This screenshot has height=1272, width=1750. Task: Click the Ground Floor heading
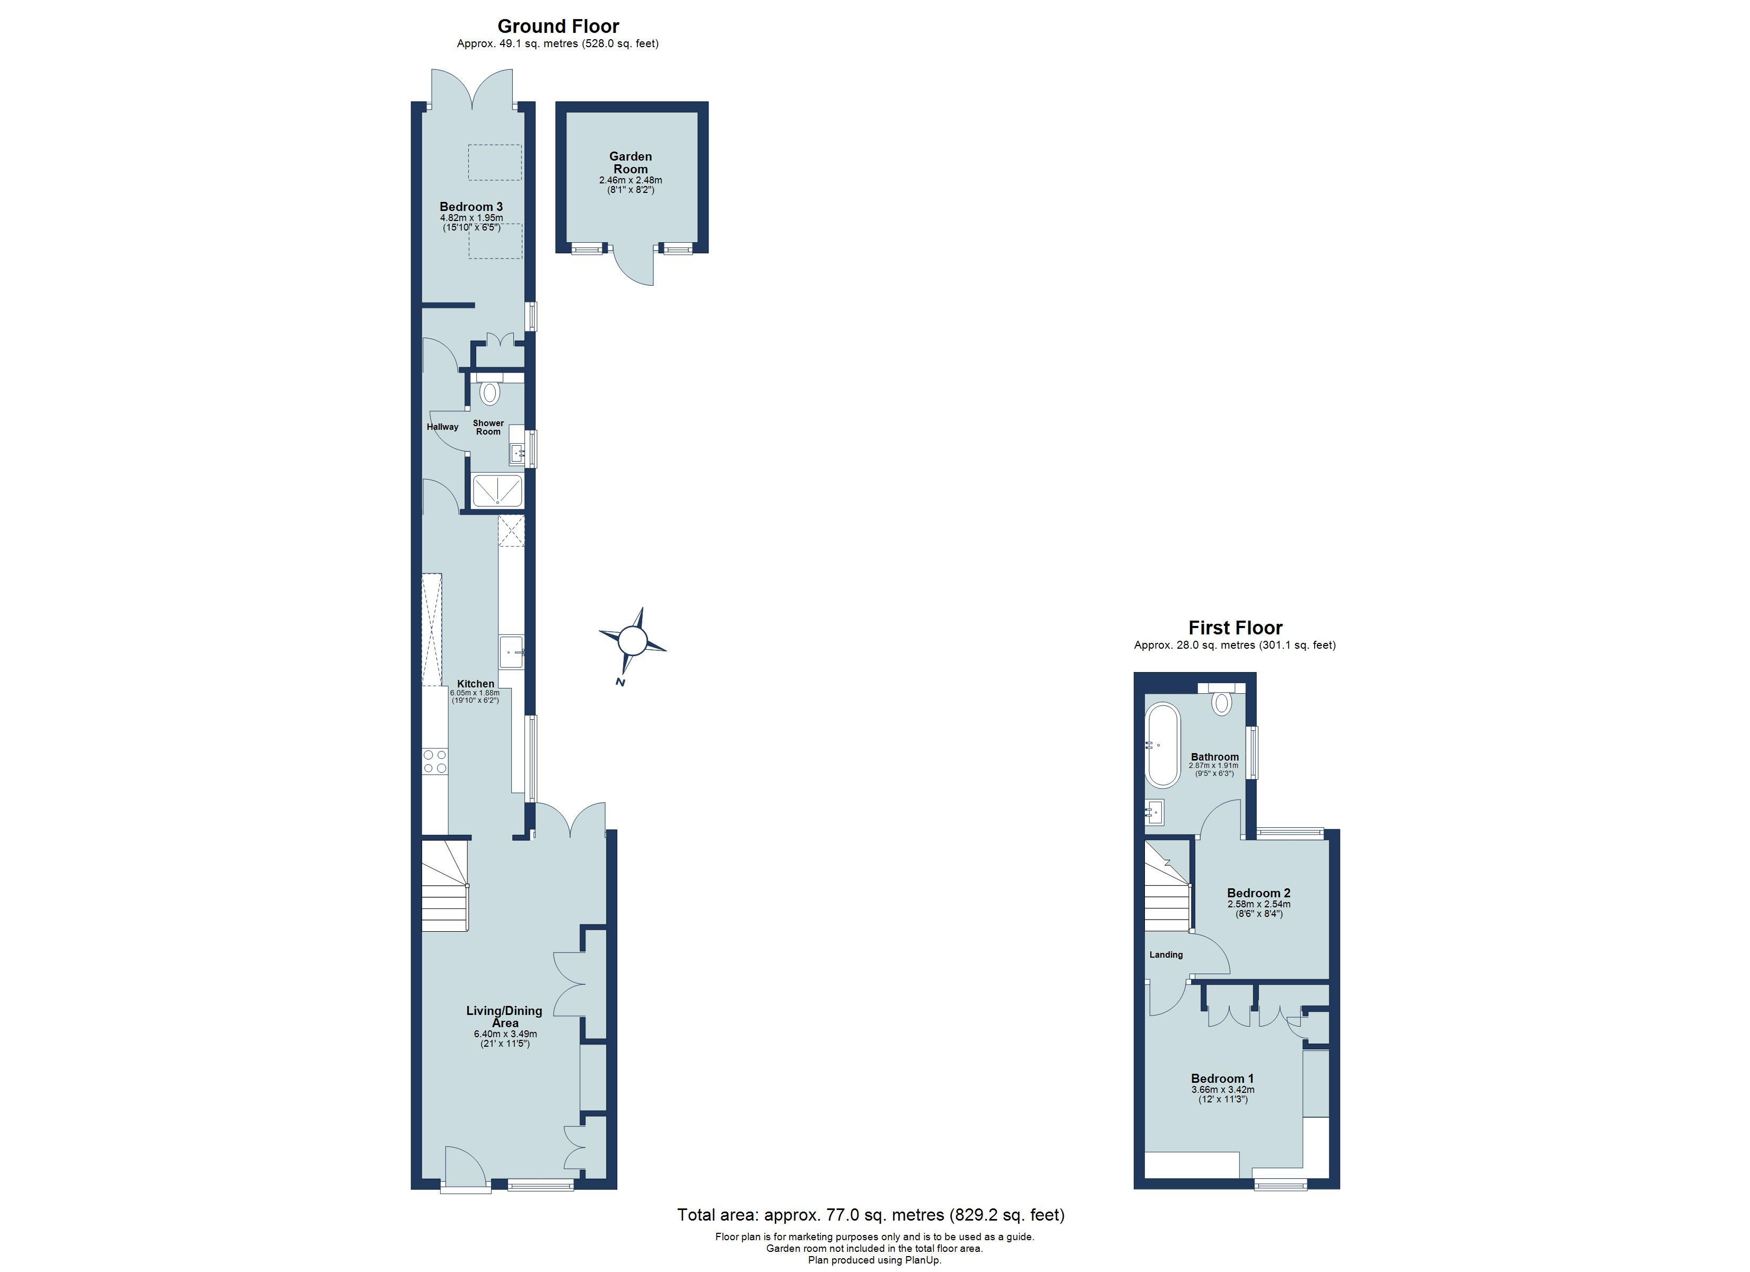click(x=558, y=26)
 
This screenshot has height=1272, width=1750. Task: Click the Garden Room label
click(x=631, y=162)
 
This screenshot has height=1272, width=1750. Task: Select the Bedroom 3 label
click(x=471, y=207)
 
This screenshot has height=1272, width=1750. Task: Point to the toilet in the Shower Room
click(x=489, y=393)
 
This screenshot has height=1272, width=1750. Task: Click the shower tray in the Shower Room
click(x=497, y=491)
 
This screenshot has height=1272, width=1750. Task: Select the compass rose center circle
click(x=632, y=640)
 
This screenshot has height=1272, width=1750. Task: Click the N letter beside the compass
click(x=619, y=683)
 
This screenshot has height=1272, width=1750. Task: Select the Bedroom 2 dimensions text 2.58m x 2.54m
click(x=1258, y=904)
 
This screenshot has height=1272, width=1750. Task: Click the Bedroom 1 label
click(x=1222, y=1079)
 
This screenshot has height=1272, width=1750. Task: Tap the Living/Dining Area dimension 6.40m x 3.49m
click(x=505, y=1033)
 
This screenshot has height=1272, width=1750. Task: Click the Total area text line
click(x=870, y=1215)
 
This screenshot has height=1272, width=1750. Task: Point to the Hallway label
click(x=442, y=427)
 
